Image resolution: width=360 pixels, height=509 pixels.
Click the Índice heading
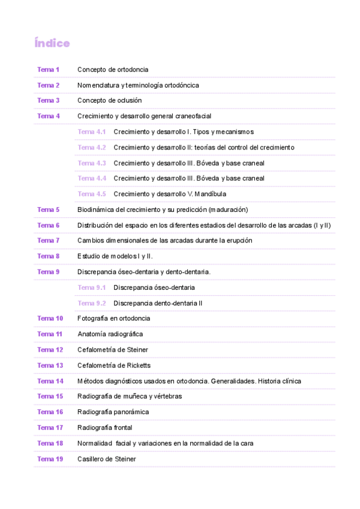[x=52, y=43]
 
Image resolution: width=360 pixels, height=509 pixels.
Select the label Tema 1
[x=48, y=70]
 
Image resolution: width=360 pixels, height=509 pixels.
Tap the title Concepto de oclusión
[x=109, y=101]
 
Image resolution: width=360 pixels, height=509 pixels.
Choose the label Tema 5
[x=48, y=209]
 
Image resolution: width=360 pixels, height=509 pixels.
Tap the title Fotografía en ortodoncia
[x=113, y=318]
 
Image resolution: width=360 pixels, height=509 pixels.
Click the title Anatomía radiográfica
[x=110, y=334]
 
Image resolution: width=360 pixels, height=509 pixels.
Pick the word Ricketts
[x=138, y=365]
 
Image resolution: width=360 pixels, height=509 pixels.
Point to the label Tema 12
[x=50, y=349]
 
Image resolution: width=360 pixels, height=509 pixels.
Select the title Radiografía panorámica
[x=113, y=412]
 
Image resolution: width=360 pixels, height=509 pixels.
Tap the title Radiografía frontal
[x=104, y=427]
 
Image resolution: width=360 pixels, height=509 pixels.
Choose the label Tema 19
[x=50, y=459]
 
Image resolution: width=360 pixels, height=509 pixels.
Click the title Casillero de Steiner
[x=106, y=459]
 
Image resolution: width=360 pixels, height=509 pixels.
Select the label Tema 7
[x=48, y=240]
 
